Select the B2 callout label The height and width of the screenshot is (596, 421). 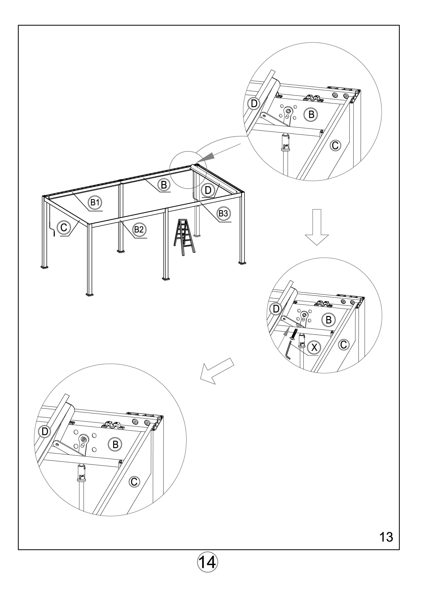pos(139,229)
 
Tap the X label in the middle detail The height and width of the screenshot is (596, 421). pos(314,347)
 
